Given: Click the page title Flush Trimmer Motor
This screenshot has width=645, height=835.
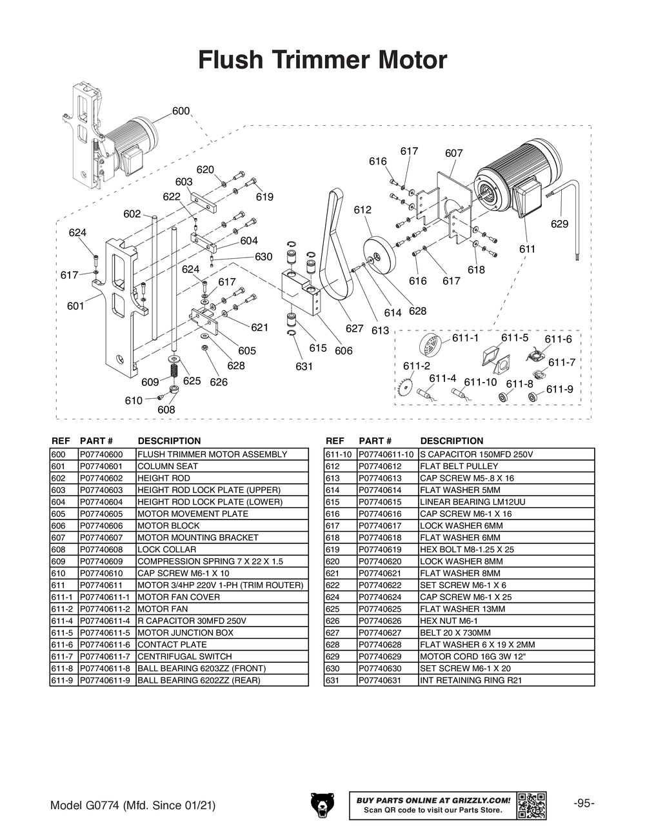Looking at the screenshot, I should (x=322, y=60).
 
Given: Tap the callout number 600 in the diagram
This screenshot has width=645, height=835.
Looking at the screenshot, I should (x=181, y=111).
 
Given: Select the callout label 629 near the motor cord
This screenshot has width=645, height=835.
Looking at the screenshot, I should (x=559, y=224).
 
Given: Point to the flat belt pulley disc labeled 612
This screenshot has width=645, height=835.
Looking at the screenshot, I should (x=378, y=257).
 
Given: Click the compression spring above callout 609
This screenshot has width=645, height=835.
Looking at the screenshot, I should (x=174, y=371).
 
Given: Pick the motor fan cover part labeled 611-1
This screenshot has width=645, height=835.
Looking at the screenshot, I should (x=430, y=344).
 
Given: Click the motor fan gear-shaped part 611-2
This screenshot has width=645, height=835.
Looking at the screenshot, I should (x=406, y=387).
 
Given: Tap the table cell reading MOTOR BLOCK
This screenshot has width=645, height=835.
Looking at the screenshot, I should (x=159, y=525).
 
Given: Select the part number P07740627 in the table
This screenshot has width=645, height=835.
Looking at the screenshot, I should (x=380, y=632).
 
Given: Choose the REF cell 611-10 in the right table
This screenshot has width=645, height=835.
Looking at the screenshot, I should (x=339, y=454).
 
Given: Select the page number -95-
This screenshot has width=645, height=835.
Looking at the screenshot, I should (x=583, y=803).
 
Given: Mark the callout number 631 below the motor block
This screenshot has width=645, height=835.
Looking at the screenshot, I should (x=304, y=367).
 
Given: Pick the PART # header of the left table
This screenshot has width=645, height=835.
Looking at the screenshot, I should (x=96, y=441).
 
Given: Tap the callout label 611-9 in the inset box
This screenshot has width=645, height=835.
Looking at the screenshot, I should (x=559, y=389).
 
